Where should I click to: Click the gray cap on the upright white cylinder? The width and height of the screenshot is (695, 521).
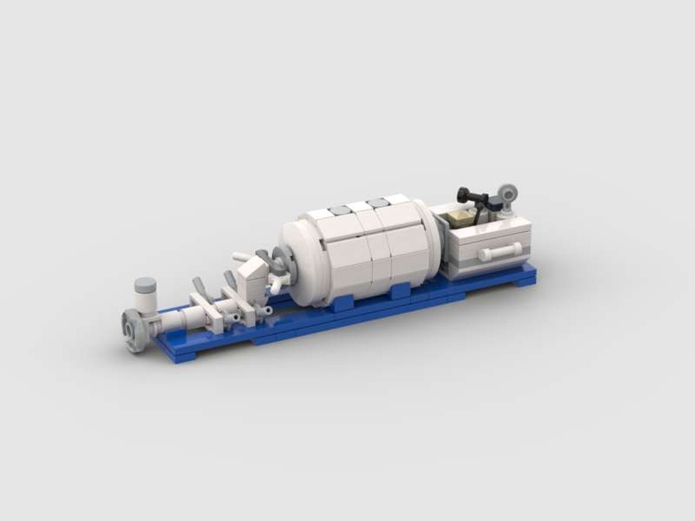(145, 284)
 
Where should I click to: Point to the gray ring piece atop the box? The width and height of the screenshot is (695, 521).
(507, 192)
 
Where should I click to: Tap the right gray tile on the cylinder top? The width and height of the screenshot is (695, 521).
(379, 203)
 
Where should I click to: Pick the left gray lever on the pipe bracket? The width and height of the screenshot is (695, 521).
(197, 286)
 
